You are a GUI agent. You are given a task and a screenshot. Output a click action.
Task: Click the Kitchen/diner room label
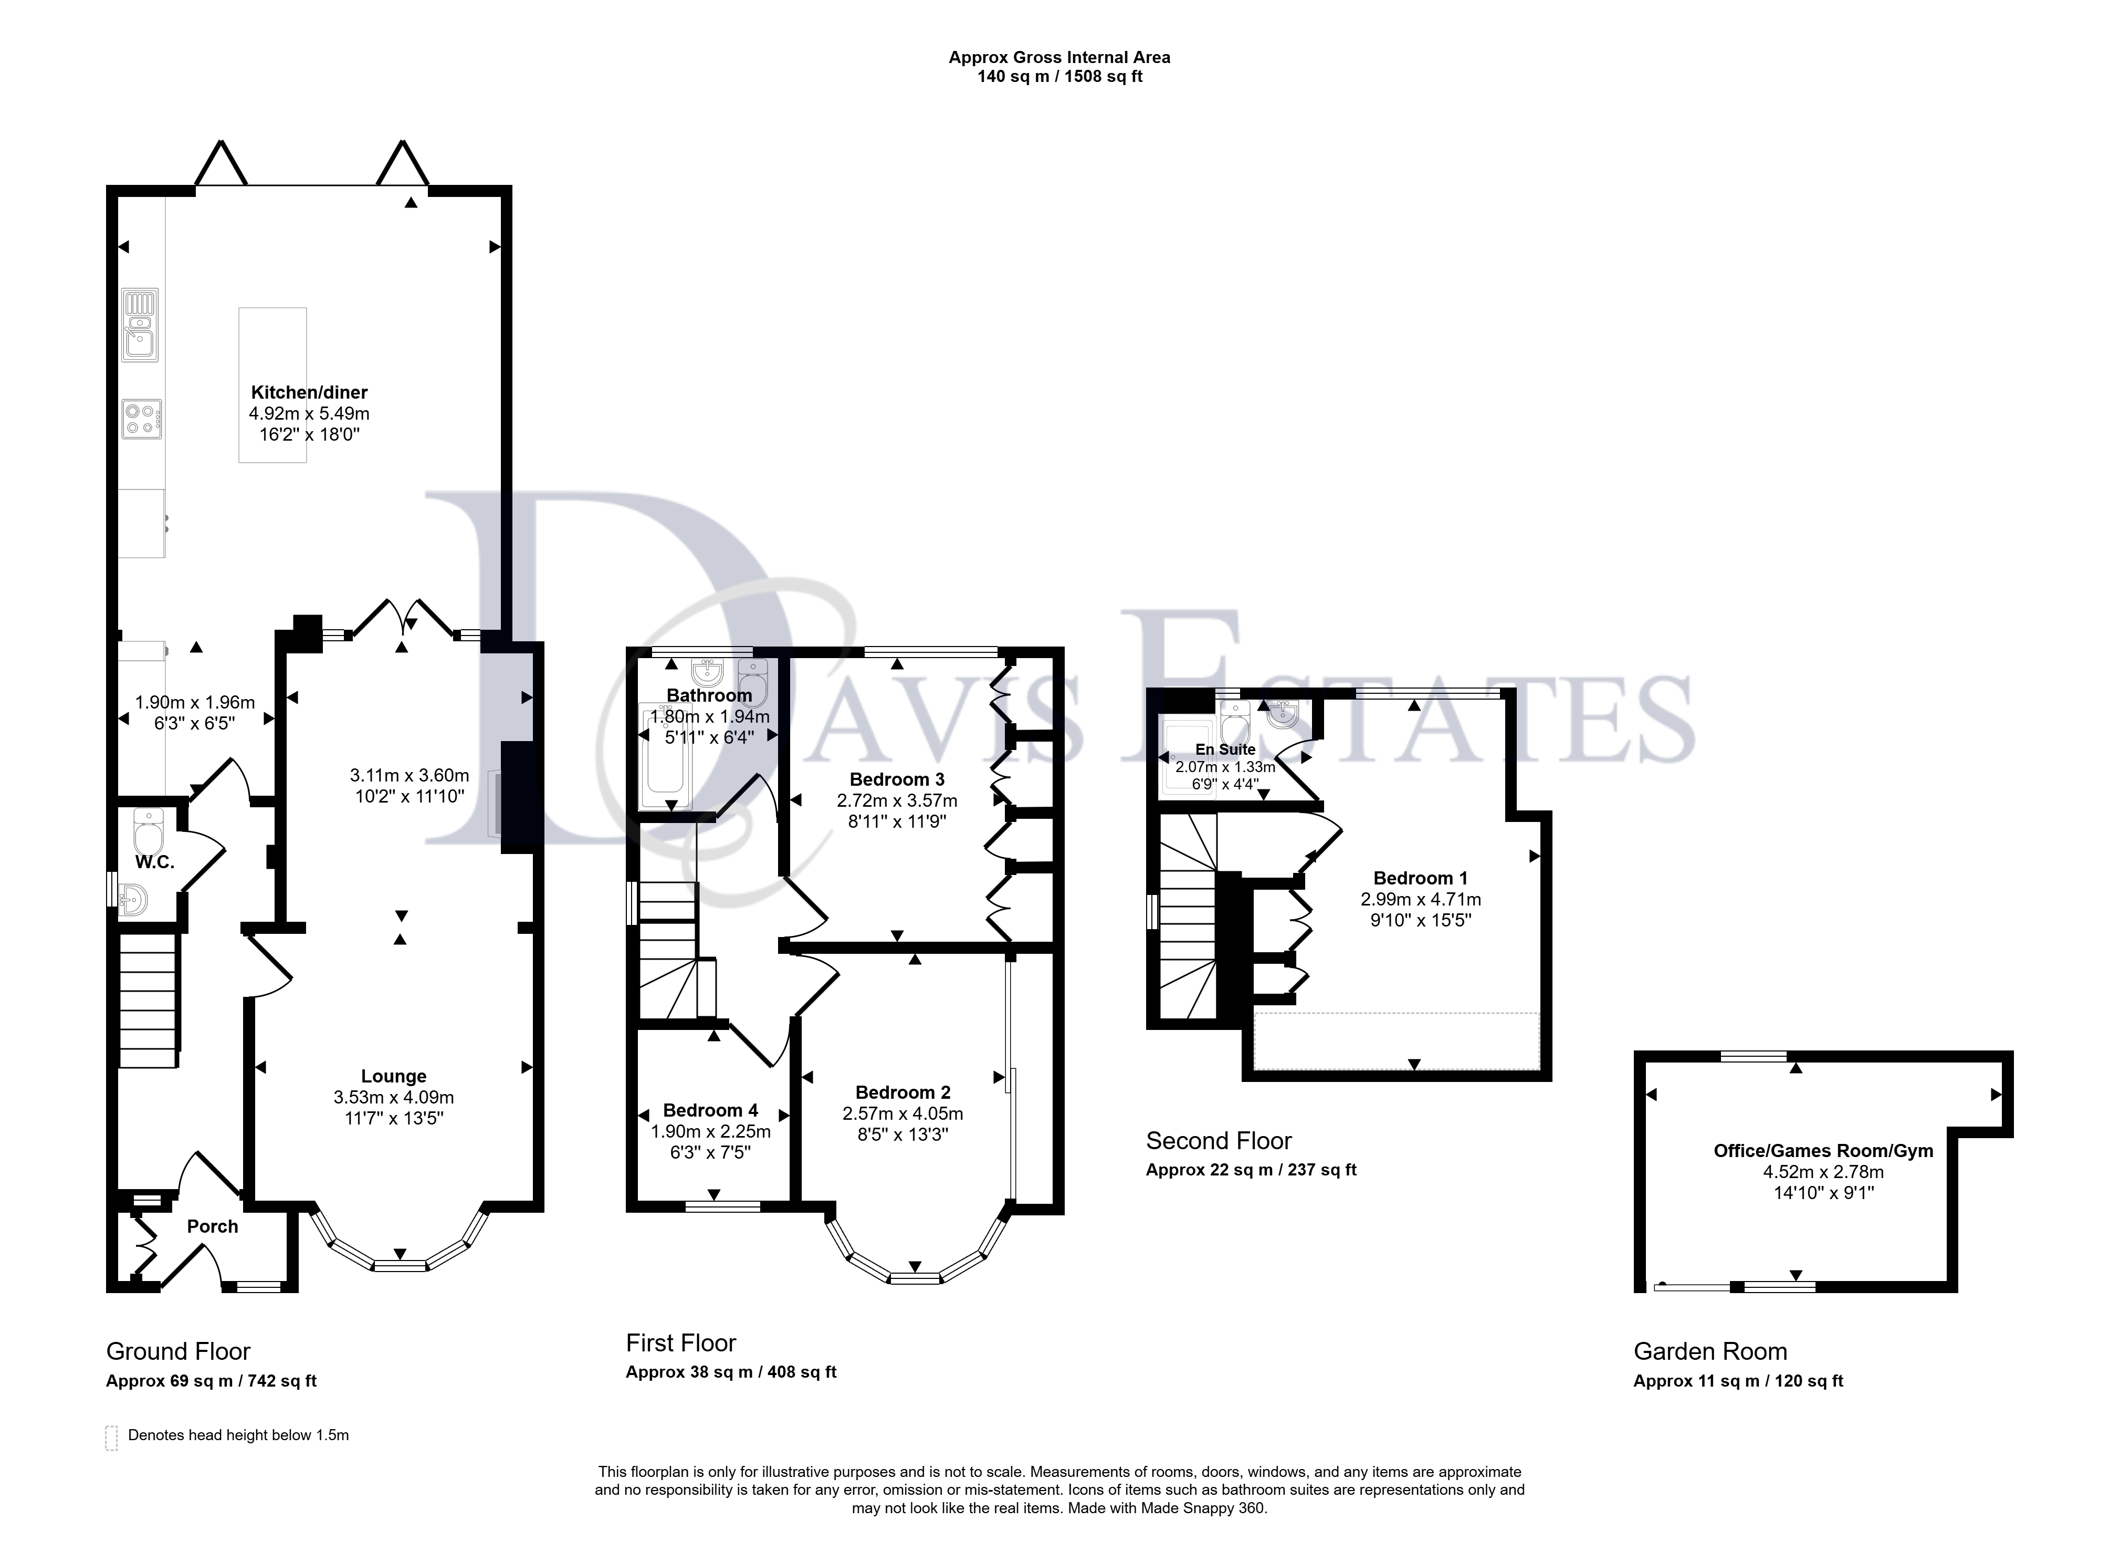click(x=309, y=393)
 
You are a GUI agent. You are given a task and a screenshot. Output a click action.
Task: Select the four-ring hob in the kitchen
click(x=141, y=419)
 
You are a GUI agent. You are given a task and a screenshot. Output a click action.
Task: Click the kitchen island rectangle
click(x=272, y=386)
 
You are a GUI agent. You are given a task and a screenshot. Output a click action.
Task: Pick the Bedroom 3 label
click(x=896, y=780)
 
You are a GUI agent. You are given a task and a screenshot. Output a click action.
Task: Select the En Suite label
click(x=1225, y=749)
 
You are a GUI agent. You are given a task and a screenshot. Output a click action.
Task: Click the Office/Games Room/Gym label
click(x=1823, y=1151)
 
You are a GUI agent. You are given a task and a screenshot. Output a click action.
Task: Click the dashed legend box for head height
click(x=111, y=1438)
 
